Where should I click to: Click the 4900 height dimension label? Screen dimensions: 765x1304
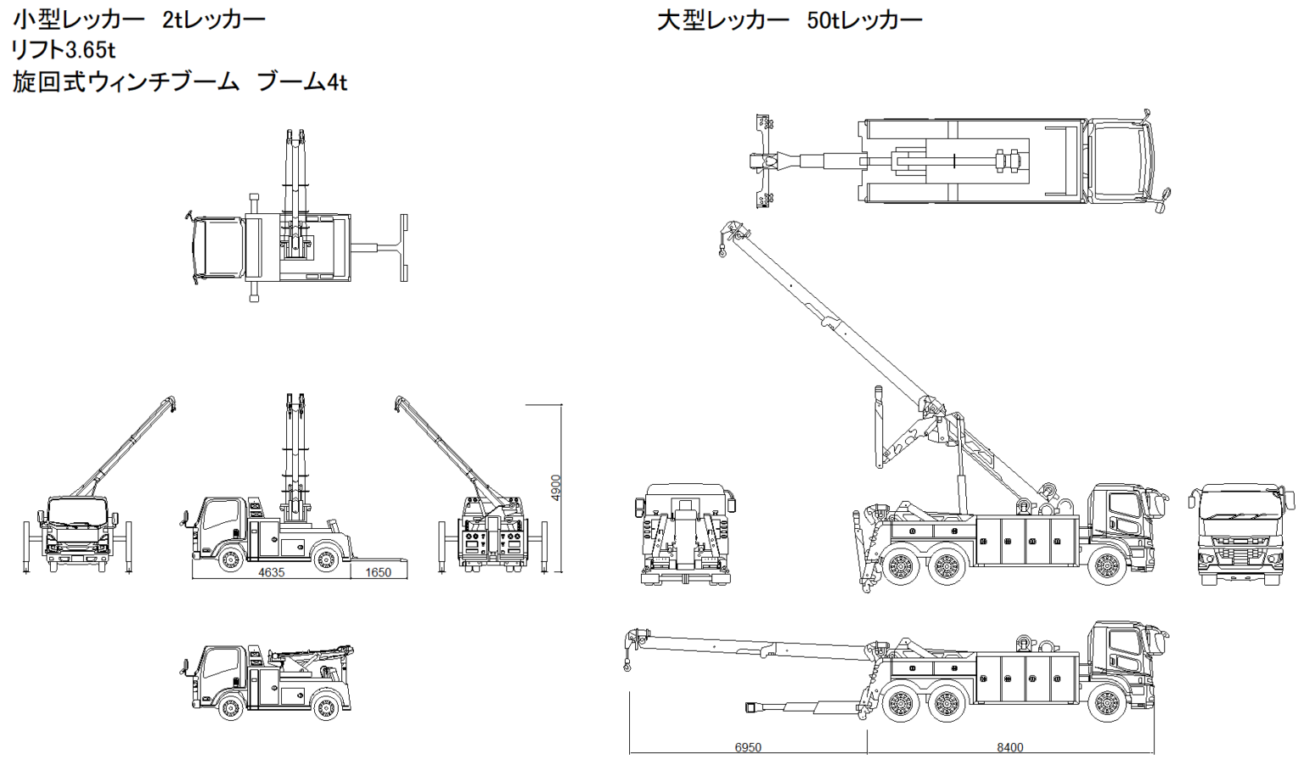(x=556, y=487)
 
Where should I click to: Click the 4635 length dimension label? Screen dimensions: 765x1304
(x=271, y=572)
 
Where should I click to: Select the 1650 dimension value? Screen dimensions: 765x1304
(x=378, y=572)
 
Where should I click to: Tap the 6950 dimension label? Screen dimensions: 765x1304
(x=748, y=747)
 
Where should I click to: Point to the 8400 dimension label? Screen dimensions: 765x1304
(x=1009, y=747)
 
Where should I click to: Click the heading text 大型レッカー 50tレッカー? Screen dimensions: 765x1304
(x=789, y=20)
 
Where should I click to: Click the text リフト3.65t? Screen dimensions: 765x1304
(x=64, y=51)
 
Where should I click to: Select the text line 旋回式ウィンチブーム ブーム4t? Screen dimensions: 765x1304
(x=179, y=82)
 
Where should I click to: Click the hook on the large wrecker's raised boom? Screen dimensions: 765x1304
(x=722, y=250)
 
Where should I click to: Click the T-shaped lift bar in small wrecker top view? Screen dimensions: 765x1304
(x=402, y=248)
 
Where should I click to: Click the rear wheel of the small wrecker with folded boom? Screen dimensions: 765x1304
(x=326, y=706)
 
